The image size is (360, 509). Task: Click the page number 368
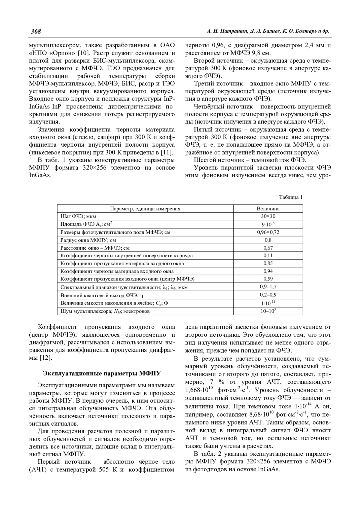coord(35,31)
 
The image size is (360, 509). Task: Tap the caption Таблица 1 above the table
coord(291,197)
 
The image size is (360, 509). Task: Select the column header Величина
coord(268,209)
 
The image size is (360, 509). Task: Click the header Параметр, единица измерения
coord(145,209)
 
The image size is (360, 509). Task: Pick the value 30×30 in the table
coord(268,216)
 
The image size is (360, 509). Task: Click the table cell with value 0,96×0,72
coord(268,232)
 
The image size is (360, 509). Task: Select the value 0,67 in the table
coord(268,248)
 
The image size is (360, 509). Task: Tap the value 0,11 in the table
coord(268,256)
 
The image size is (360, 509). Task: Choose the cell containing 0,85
coord(268,263)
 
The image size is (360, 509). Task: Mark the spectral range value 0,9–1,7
coord(268,287)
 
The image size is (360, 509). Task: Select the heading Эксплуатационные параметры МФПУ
coord(102,374)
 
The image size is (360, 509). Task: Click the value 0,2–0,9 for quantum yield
coord(268,295)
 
